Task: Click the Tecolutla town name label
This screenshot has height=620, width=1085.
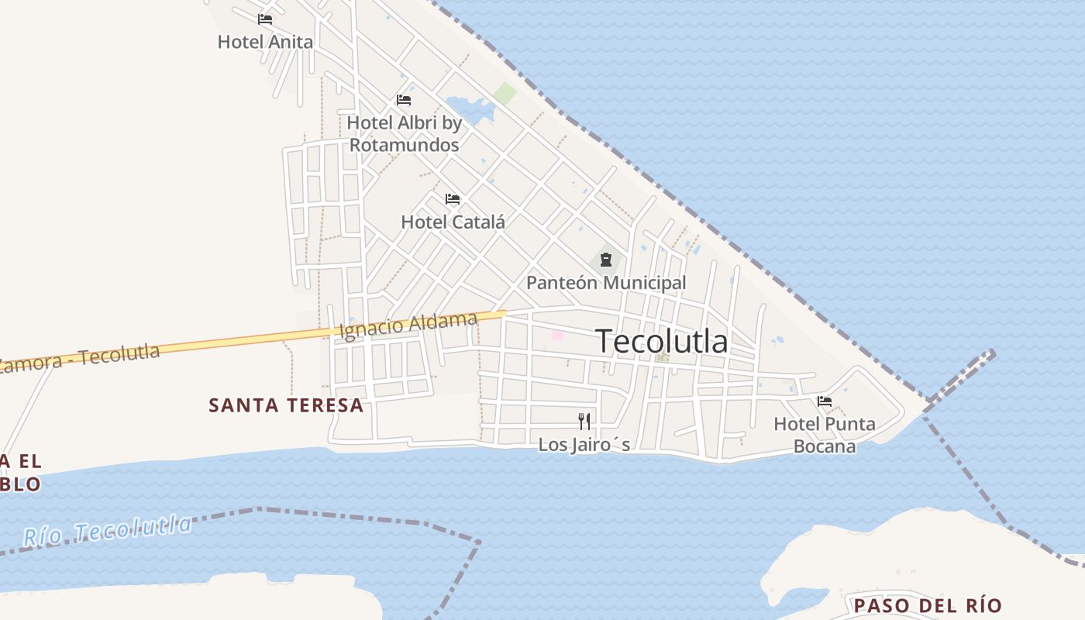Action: (x=662, y=341)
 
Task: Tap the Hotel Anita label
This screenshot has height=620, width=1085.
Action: (x=265, y=42)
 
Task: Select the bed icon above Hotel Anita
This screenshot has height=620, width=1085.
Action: (x=265, y=19)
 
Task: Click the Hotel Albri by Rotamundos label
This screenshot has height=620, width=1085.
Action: (x=404, y=133)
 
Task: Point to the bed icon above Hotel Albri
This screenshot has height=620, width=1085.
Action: (x=403, y=100)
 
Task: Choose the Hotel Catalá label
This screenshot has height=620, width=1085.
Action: (x=453, y=222)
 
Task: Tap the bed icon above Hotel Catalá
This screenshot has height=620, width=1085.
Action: (x=453, y=199)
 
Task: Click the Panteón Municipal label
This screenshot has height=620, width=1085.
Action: (x=606, y=283)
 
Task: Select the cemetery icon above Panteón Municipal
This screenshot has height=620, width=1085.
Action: (x=606, y=260)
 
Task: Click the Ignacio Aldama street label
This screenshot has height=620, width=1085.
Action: (x=408, y=325)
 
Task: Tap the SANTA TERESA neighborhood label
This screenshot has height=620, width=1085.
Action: (x=286, y=405)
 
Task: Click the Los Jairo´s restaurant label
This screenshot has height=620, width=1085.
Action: (x=584, y=445)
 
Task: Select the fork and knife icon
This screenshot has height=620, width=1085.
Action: (x=584, y=422)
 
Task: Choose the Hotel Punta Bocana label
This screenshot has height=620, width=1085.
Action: (x=825, y=435)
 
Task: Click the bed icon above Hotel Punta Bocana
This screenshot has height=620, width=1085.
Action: (x=825, y=401)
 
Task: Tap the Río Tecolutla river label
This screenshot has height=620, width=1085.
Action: (x=107, y=530)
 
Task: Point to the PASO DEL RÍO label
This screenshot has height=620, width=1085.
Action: (x=928, y=605)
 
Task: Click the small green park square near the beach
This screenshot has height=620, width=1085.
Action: (x=505, y=94)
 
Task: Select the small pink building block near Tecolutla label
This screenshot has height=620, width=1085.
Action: (x=557, y=336)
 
